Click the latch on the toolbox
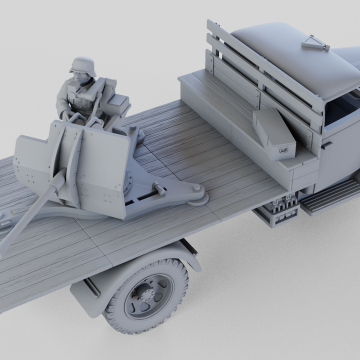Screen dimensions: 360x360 point(285,149)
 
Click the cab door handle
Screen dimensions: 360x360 point(327,145)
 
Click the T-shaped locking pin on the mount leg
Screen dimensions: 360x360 point(159,188)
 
